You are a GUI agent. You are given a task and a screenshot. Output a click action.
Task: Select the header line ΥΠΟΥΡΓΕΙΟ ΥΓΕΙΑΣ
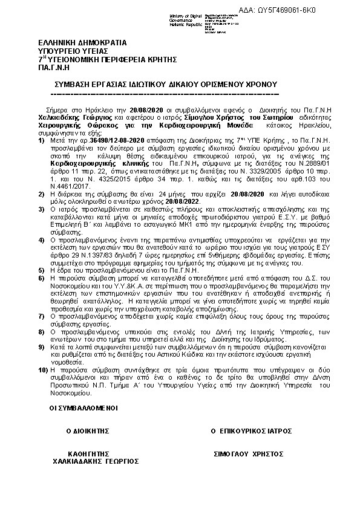tap(67, 52)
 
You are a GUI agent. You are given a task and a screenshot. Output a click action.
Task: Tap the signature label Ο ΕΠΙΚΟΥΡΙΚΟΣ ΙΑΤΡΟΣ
tap(251, 431)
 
